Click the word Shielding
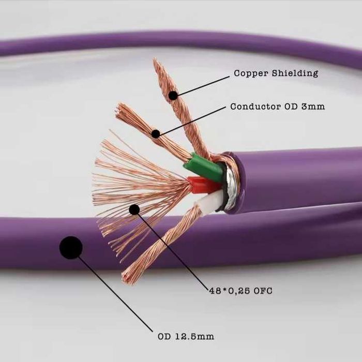pos(295,73)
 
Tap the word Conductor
pos(255,107)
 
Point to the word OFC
pos(263,291)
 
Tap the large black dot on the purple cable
pos(71,248)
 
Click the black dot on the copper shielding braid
pos(173,95)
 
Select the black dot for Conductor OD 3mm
pos(156,134)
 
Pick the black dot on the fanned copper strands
pos(134,209)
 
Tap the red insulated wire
pos(203,184)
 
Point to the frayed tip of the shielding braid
pos(155,61)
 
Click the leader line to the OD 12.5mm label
pos(114,293)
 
